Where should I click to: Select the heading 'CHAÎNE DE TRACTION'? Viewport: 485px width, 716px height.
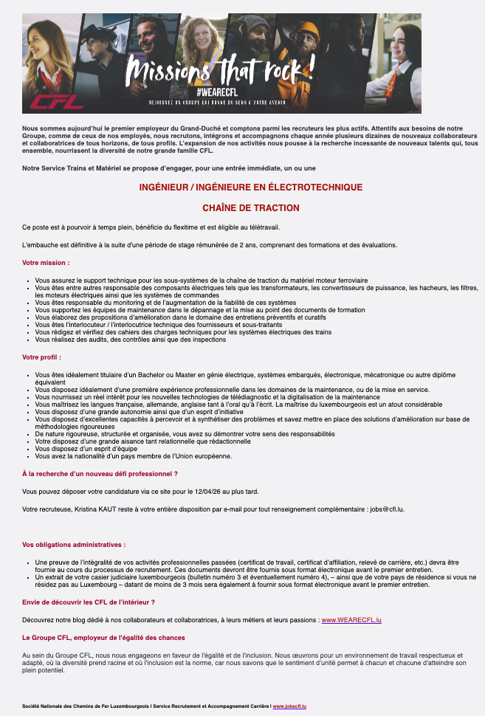(251, 208)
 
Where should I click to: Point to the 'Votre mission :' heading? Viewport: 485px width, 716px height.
(46, 263)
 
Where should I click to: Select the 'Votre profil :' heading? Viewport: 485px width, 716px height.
(43, 357)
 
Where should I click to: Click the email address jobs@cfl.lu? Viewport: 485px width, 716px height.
(390, 509)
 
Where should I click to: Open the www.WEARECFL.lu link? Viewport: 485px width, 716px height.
(351, 620)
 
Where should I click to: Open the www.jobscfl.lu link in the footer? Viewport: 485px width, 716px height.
(289, 706)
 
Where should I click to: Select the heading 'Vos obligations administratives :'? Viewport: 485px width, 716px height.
(74, 545)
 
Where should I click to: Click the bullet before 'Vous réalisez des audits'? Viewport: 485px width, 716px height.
(27, 340)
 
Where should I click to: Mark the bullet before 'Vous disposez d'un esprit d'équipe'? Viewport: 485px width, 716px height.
(27, 448)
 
